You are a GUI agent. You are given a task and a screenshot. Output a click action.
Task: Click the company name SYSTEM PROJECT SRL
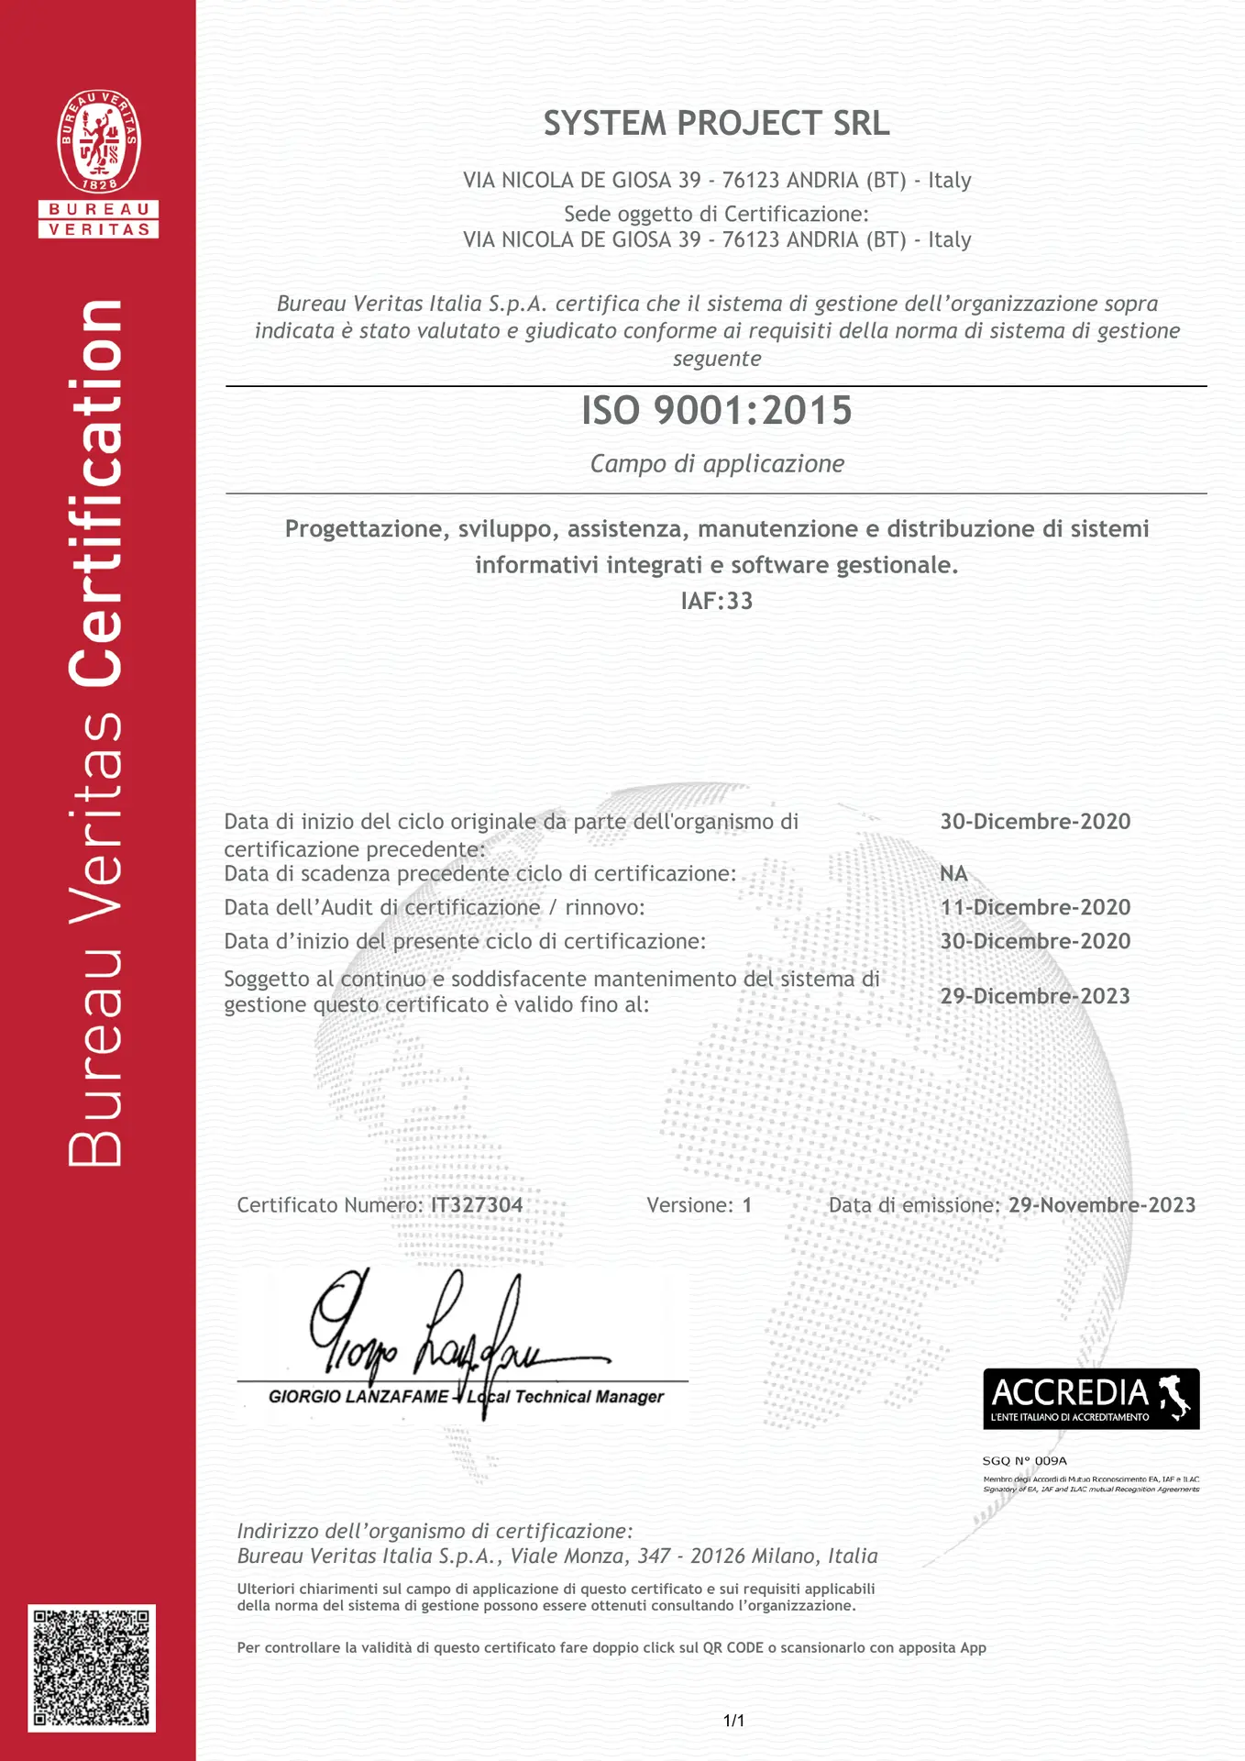pos(716,124)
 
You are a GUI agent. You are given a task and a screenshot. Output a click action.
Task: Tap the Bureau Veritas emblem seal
pos(99,141)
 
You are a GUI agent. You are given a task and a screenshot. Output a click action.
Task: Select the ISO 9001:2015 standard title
pos(716,411)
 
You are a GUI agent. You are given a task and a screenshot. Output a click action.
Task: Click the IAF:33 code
pos(716,601)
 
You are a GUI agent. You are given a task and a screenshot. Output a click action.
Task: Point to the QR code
pos(92,1667)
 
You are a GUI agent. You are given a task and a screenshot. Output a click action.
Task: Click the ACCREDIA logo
pos(1090,1398)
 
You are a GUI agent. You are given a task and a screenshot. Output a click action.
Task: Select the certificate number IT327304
pos(477,1205)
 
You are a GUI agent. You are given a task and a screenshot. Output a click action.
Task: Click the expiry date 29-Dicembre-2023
pos(1035,996)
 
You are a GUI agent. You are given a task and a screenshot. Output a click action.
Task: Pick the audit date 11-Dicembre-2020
pos(1035,907)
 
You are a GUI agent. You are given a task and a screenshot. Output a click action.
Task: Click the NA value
pos(953,873)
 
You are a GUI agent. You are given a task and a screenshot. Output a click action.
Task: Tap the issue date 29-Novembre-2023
pos(1102,1205)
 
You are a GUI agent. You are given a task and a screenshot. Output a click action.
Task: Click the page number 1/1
pos(733,1721)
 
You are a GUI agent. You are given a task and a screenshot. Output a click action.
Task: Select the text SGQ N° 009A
pos(1024,1460)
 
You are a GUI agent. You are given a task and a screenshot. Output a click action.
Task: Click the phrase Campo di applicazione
pos(716,464)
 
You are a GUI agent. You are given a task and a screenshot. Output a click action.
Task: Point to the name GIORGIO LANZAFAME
pos(358,1397)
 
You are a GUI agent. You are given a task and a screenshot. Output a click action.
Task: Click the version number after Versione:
pos(747,1205)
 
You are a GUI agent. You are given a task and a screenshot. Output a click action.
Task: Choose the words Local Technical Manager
pos(566,1397)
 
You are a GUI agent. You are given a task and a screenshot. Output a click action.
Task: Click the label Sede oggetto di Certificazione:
pos(716,214)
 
